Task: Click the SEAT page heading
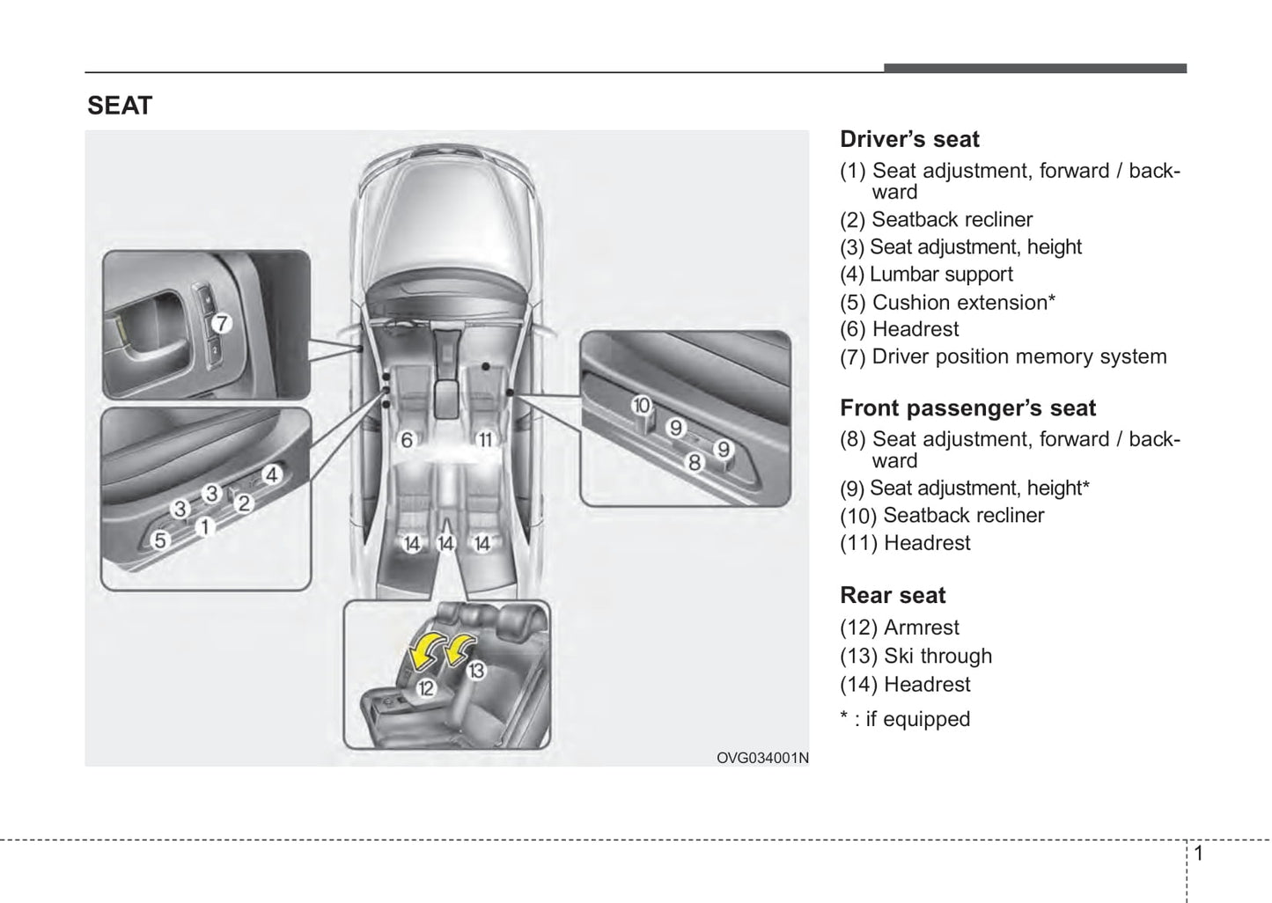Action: [120, 106]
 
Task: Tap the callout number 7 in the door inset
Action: [221, 323]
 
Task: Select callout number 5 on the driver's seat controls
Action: [159, 540]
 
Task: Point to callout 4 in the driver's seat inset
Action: [271, 474]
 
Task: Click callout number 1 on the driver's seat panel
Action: [204, 527]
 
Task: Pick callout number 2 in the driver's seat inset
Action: [244, 503]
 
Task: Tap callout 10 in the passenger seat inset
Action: [641, 405]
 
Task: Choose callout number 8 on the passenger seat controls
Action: [694, 461]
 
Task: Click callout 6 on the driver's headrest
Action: [407, 439]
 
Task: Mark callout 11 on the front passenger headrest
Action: [484, 439]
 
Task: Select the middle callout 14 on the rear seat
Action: [445, 544]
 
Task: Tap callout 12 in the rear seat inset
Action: [425, 688]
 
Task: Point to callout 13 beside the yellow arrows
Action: [475, 671]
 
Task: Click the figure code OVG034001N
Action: [761, 758]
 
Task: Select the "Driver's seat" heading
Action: [909, 139]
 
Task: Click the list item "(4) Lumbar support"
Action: [926, 275]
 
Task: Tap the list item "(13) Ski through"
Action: [915, 656]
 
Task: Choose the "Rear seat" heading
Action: [893, 595]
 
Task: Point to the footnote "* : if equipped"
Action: [905, 719]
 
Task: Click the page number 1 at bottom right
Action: [1198, 853]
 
